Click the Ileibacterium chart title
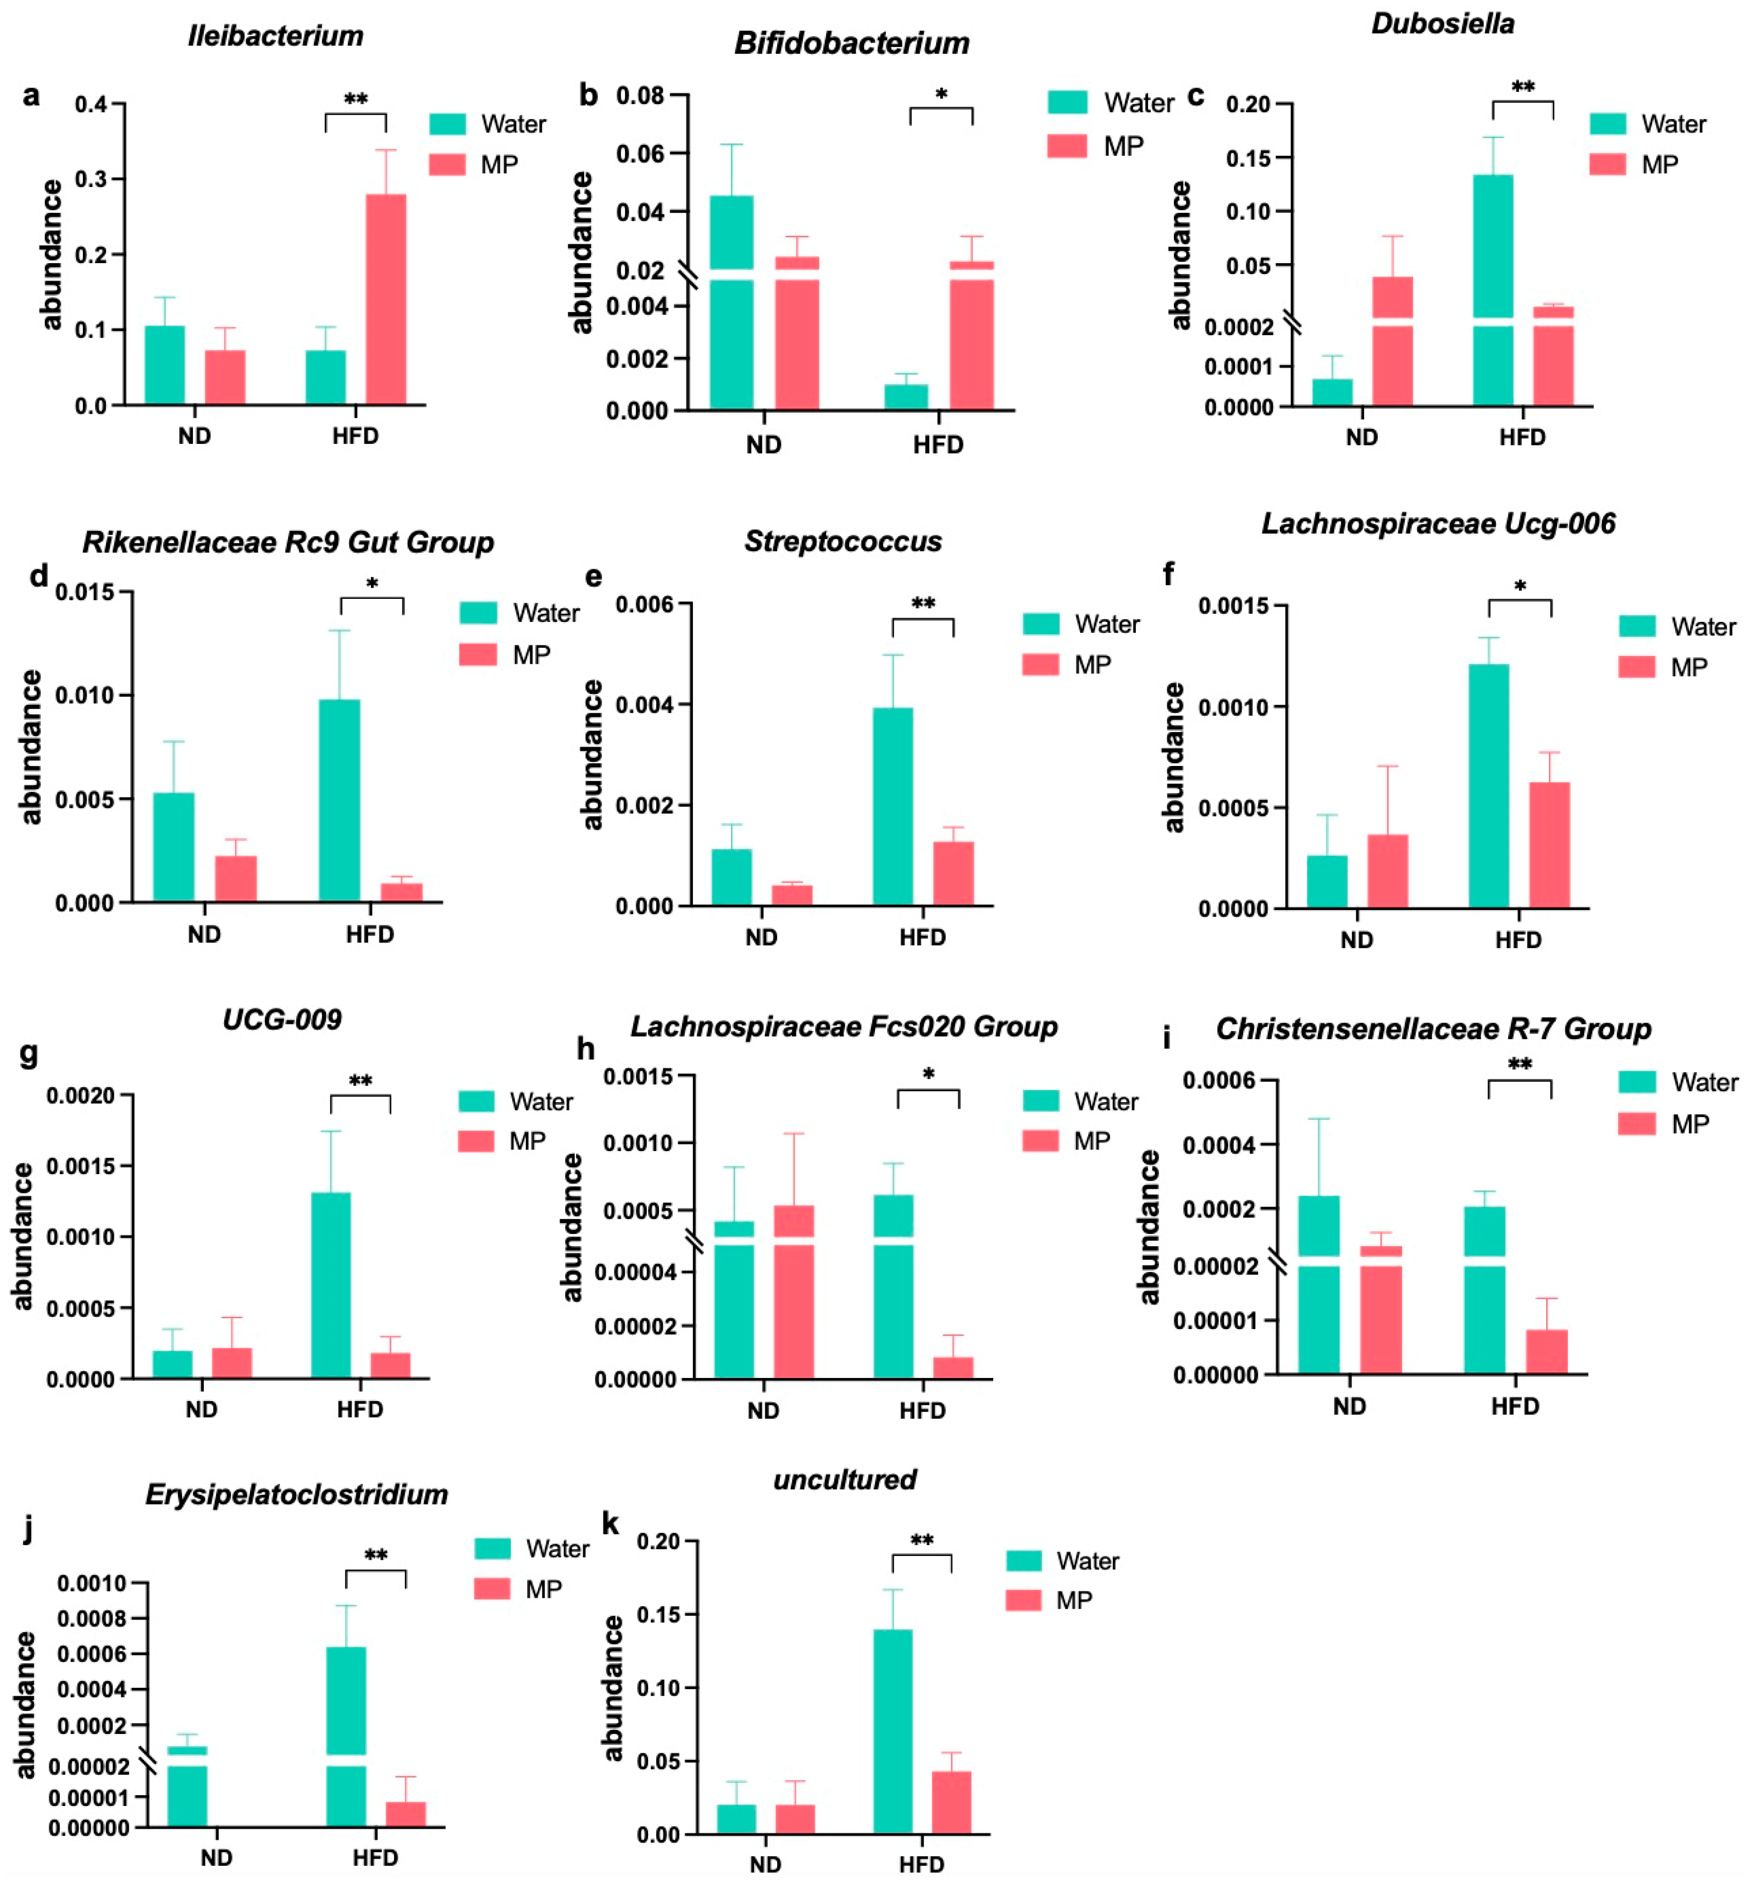pyautogui.click(x=276, y=36)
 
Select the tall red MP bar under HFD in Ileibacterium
pyautogui.click(x=386, y=298)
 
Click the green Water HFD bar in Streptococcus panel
pyautogui.click(x=892, y=806)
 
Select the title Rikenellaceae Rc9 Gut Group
pyautogui.click(x=288, y=542)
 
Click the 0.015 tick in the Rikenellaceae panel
pyautogui.click(x=84, y=592)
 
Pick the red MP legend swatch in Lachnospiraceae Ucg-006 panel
pyautogui.click(x=1636, y=667)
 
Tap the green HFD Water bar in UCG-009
pyautogui.click(x=331, y=1284)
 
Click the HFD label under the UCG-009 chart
pyautogui.click(x=360, y=1409)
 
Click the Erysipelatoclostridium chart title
pyautogui.click(x=297, y=1495)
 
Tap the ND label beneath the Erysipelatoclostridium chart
pyautogui.click(x=216, y=1858)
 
